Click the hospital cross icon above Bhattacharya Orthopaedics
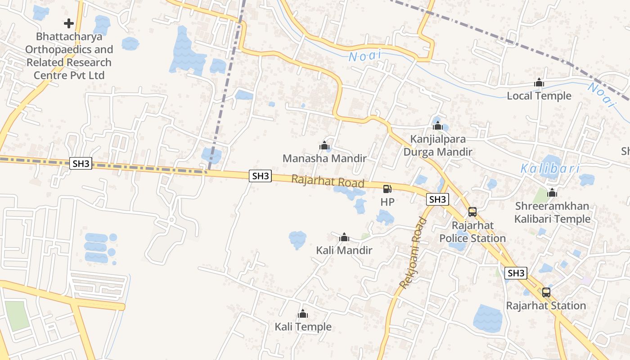[x=69, y=23]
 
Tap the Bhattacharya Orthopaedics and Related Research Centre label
[x=69, y=56]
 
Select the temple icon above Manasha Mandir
[x=324, y=145]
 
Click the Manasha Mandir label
[x=324, y=158]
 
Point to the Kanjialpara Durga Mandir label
[x=438, y=145]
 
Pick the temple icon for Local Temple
[x=539, y=83]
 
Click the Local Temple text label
[x=539, y=96]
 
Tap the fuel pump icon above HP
[x=387, y=189]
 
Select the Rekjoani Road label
[x=413, y=253]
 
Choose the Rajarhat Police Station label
[x=472, y=232]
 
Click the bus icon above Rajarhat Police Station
[x=472, y=211]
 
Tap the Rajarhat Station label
[x=546, y=306]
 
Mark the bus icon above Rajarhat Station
[x=546, y=292]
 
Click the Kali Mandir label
[x=344, y=250]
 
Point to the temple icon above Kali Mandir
[x=344, y=237]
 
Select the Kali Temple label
[x=303, y=327]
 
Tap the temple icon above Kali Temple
[x=303, y=313]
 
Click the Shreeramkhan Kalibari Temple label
[x=552, y=213]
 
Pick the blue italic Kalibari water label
[x=550, y=169]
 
